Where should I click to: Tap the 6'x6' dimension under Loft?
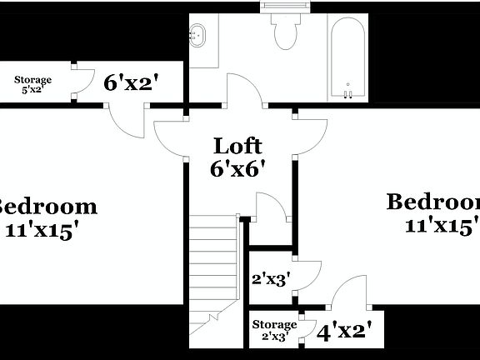point(238,167)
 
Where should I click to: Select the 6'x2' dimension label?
point(131,82)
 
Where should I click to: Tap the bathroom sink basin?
point(198,35)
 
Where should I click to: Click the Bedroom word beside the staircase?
point(46,206)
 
